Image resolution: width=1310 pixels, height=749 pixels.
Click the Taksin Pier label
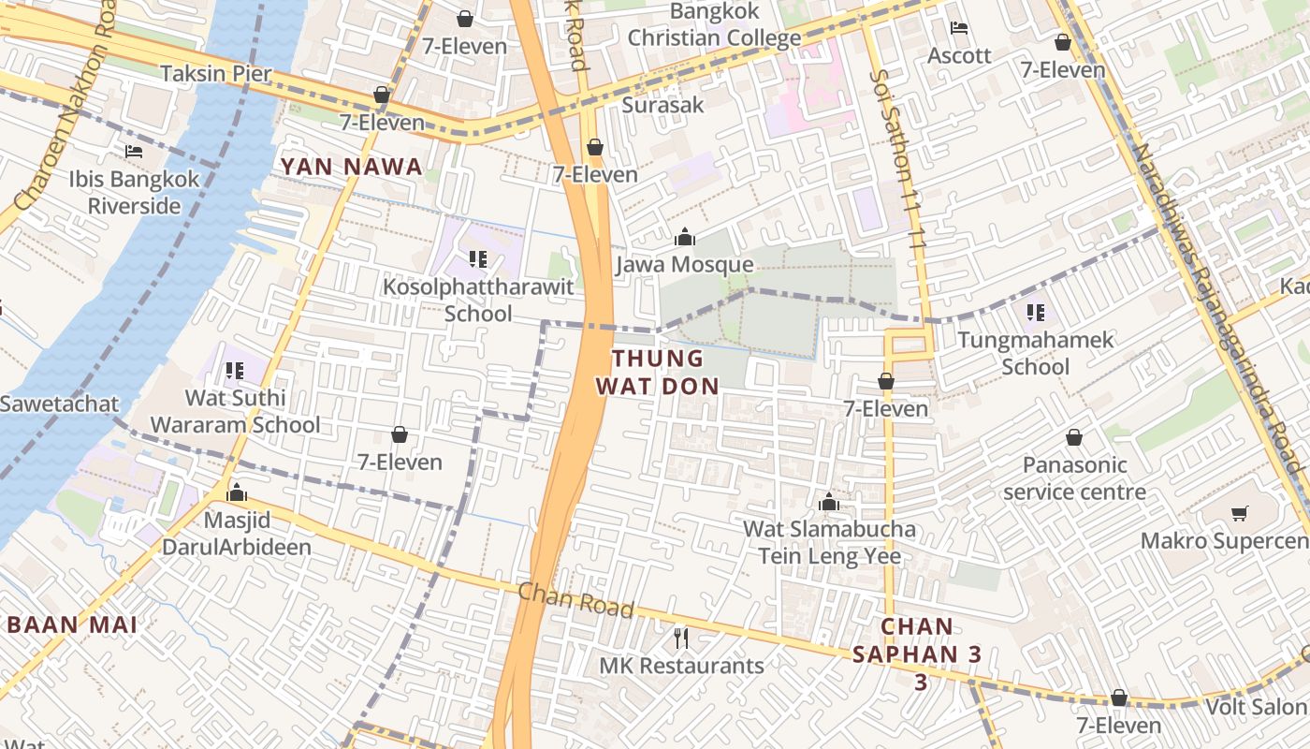pos(215,74)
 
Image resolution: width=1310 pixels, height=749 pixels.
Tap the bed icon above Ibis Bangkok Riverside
pos(134,152)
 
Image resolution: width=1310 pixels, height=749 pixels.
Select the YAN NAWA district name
pos(351,167)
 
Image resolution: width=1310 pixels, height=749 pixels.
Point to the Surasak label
pos(662,105)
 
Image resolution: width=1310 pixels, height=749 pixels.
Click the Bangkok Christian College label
pos(714,25)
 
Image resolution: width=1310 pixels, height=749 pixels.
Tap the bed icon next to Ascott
pos(959,28)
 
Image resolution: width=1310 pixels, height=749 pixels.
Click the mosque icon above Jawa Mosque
pos(685,238)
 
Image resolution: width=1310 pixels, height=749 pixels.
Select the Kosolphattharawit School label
pos(478,300)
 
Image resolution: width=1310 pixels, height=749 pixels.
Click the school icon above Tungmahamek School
pos(1035,313)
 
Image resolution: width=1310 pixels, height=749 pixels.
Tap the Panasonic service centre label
pos(1074,478)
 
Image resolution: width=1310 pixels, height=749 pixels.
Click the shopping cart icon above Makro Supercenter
pos(1240,513)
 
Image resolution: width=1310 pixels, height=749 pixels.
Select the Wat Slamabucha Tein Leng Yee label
pos(829,543)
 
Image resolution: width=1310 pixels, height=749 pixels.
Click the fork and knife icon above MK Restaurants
pos(681,639)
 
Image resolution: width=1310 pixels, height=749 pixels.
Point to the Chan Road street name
pos(575,600)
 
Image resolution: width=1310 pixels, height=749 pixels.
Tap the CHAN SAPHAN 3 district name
pos(917,654)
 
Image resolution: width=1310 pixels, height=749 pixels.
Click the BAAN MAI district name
pos(72,624)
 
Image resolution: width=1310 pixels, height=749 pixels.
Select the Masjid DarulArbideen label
pos(237,533)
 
